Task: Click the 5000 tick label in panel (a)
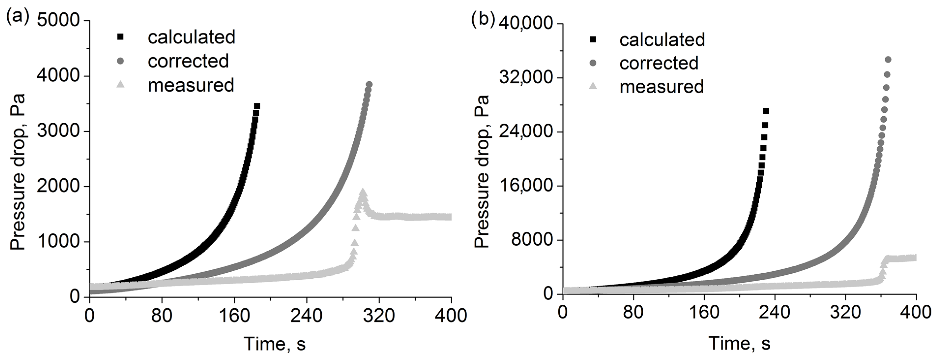pyautogui.click(x=58, y=20)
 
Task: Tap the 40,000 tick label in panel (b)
pyautogui.click(x=526, y=24)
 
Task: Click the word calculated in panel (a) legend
pyautogui.click(x=191, y=37)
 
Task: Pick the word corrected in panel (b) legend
pyautogui.click(x=659, y=63)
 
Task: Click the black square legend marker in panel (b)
pyautogui.click(x=593, y=39)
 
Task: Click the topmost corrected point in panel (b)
pyautogui.click(x=888, y=59)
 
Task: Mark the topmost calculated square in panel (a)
pyautogui.click(x=257, y=106)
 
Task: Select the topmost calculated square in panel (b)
pyautogui.click(x=766, y=111)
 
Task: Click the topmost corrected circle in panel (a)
pyautogui.click(x=369, y=84)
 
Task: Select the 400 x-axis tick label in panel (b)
pyautogui.click(x=916, y=312)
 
